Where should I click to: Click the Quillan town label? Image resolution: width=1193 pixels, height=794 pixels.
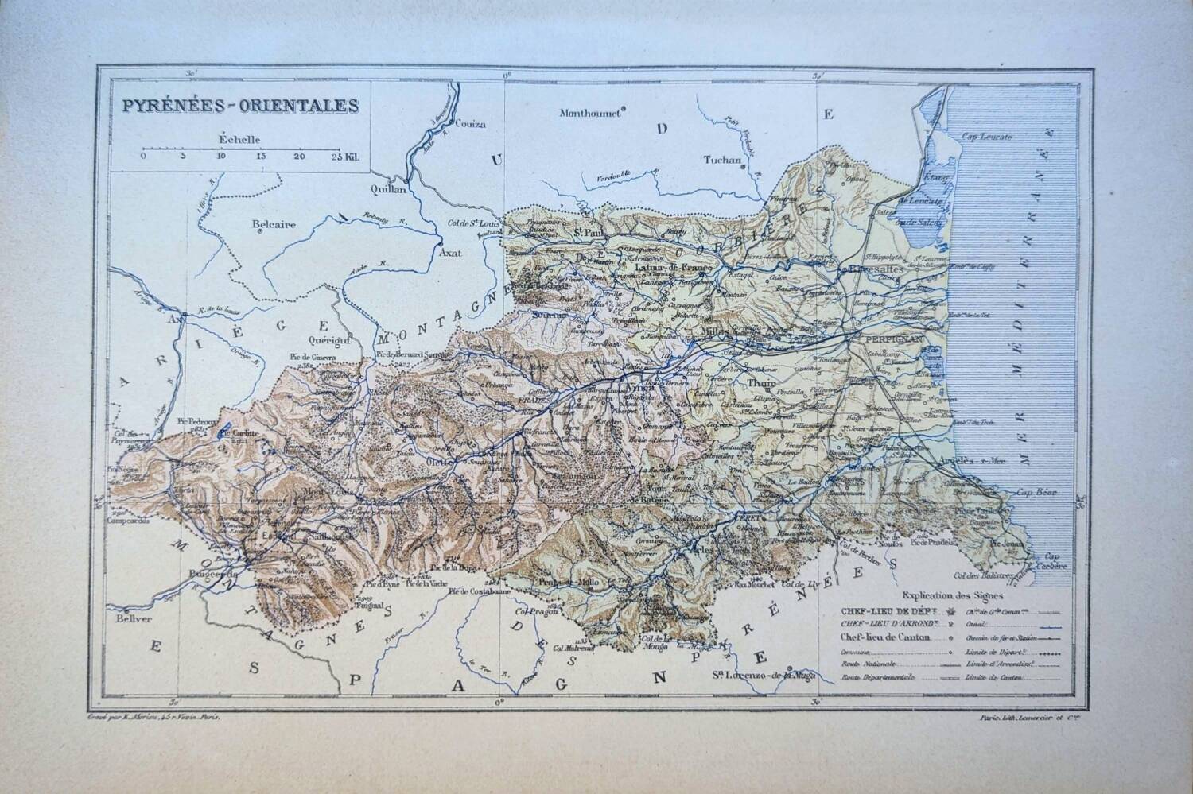[x=389, y=190]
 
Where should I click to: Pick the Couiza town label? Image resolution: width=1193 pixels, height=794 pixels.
[x=470, y=124]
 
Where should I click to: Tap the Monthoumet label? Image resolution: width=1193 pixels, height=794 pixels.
[x=589, y=113]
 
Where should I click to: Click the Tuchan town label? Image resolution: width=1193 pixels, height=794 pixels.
[x=722, y=160]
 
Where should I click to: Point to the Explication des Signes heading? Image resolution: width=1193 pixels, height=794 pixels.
[x=953, y=594]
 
